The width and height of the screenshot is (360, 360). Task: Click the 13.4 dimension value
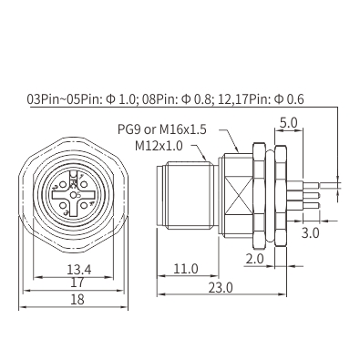click(79, 270)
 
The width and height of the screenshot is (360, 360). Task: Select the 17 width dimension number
click(77, 283)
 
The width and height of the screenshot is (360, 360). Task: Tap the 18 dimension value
click(77, 300)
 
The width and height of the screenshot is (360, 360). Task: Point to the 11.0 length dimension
click(186, 269)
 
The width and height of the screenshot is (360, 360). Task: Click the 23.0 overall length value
click(221, 288)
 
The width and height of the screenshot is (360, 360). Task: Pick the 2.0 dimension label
click(254, 259)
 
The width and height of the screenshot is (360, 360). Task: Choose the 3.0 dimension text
click(310, 233)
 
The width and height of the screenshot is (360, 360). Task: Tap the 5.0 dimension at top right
click(288, 123)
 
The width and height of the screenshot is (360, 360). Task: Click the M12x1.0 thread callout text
click(159, 146)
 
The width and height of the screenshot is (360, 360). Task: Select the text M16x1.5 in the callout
click(183, 129)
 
